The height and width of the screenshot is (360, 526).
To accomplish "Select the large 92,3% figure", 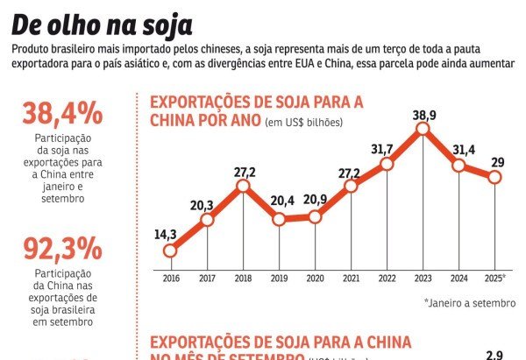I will [x=62, y=251].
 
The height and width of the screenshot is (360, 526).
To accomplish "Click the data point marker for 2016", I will [x=170, y=251].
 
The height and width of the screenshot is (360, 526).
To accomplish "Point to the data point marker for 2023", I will [x=423, y=130].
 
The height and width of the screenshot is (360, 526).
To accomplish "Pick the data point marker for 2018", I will [x=243, y=186].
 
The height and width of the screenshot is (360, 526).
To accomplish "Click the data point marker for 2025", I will [x=495, y=177].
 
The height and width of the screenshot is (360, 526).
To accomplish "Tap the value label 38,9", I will [x=423, y=114].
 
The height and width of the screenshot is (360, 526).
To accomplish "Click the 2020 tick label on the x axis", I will [x=315, y=278].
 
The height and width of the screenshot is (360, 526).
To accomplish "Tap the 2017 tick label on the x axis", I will [x=207, y=278].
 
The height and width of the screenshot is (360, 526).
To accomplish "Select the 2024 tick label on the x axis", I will [x=459, y=278].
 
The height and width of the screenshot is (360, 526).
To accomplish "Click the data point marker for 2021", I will [x=351, y=186].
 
